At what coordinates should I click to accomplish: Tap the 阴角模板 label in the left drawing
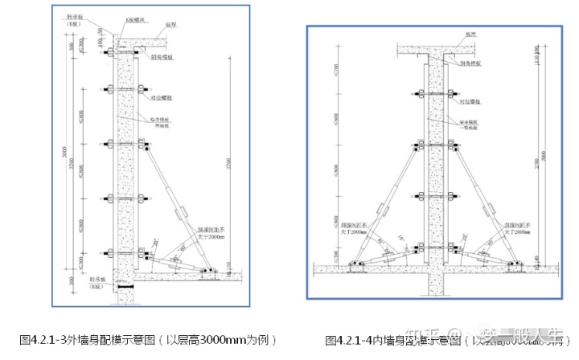163,59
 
